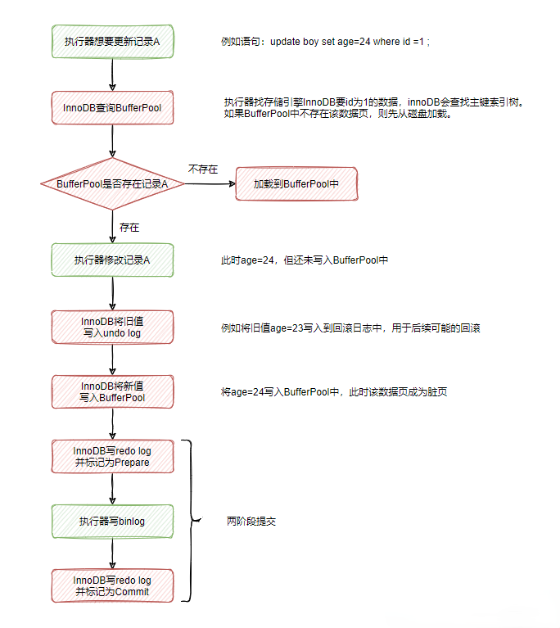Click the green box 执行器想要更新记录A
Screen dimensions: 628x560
point(112,42)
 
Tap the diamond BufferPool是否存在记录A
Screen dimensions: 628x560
point(112,185)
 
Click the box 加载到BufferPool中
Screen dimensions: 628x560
point(296,185)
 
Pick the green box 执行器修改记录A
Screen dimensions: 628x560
point(112,260)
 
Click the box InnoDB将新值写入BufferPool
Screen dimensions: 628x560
point(112,392)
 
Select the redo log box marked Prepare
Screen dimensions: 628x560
point(112,457)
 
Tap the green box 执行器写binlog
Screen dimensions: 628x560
point(112,521)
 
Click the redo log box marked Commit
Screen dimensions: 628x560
point(112,585)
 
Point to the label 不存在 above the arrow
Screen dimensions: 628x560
point(203,169)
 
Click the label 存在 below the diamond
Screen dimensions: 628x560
point(129,225)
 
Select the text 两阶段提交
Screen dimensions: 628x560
point(251,521)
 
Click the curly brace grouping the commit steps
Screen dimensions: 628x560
point(191,521)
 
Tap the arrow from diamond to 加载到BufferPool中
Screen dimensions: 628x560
point(210,185)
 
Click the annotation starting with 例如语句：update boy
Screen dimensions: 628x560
point(326,42)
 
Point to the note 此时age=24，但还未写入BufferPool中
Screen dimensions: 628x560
point(304,260)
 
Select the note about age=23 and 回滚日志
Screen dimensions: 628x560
point(350,328)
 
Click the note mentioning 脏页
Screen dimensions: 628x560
point(334,392)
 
